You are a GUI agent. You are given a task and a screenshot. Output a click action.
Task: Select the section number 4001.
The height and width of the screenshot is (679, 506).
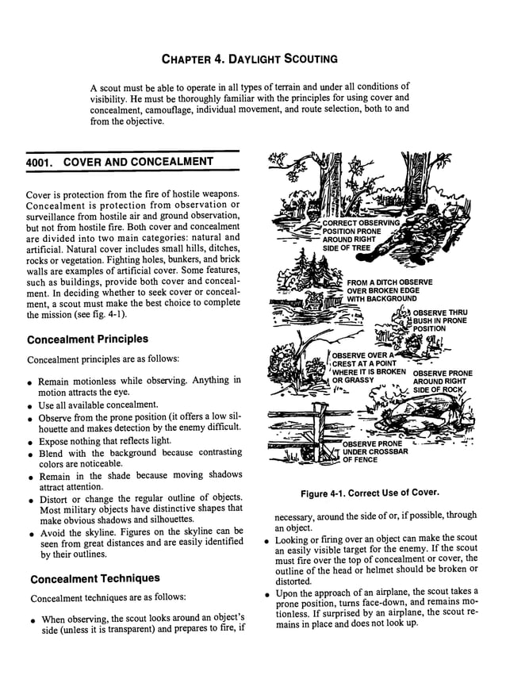click(x=40, y=162)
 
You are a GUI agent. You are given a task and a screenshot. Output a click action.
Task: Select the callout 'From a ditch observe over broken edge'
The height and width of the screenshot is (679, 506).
click(x=389, y=290)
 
